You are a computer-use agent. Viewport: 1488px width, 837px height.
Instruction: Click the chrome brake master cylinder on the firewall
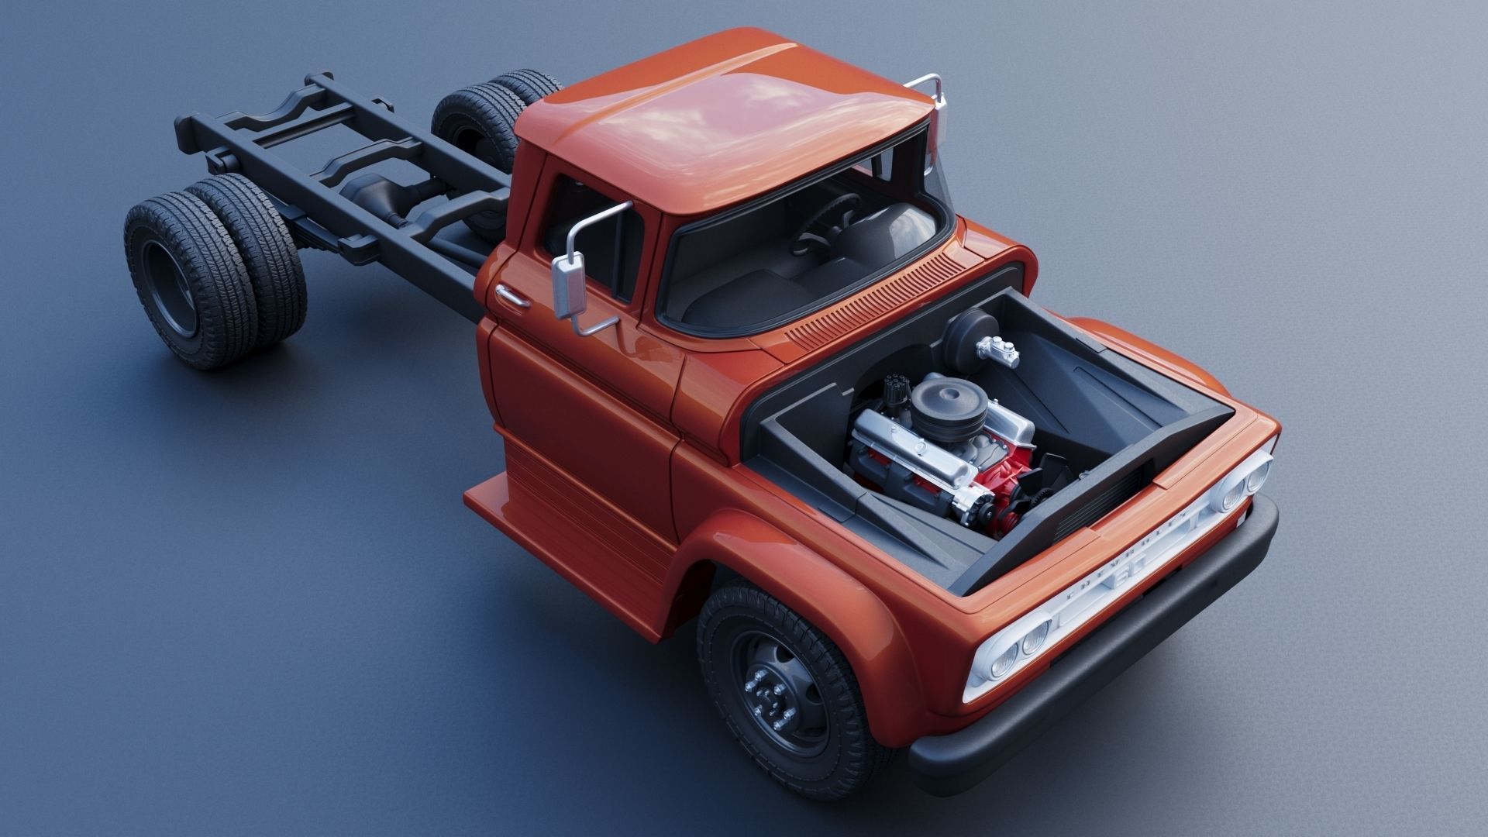pyautogui.click(x=996, y=353)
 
